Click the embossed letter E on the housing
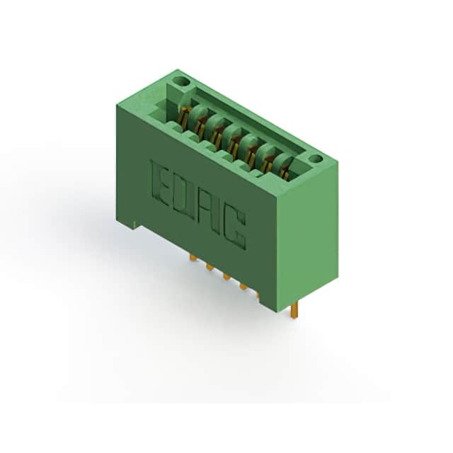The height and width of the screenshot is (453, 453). pos(161,183)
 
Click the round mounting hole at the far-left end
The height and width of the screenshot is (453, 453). pos(183,82)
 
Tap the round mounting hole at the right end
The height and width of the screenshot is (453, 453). pos(315,159)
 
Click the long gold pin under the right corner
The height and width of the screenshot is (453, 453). pos(294,311)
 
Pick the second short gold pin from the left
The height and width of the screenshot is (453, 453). pos(210,267)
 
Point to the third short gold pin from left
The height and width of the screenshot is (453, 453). pos(226,277)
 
